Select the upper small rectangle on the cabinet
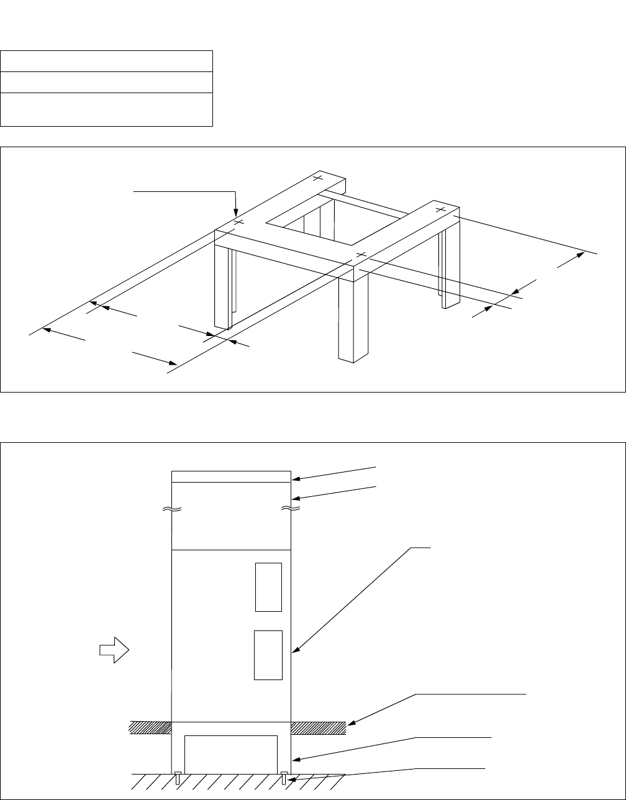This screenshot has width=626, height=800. pyautogui.click(x=268, y=587)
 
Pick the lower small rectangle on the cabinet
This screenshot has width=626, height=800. pyautogui.click(x=268, y=655)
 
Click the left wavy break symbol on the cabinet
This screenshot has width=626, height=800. pyautogui.click(x=171, y=509)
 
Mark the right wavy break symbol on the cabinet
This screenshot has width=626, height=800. pyautogui.click(x=291, y=509)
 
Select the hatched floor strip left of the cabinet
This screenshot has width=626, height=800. pyautogui.click(x=150, y=728)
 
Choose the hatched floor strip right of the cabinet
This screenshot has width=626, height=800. pyautogui.click(x=318, y=728)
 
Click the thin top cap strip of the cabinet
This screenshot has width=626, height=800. pyautogui.click(x=230, y=476)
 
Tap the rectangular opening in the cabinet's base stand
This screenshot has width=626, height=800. pyautogui.click(x=230, y=754)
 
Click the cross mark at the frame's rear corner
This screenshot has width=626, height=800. pyautogui.click(x=318, y=178)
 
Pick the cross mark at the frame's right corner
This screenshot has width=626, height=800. pyautogui.click(x=440, y=209)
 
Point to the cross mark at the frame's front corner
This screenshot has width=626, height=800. pyautogui.click(x=361, y=255)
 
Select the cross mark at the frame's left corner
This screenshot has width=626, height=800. pyautogui.click(x=239, y=222)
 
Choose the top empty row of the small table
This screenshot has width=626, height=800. pyautogui.click(x=107, y=61)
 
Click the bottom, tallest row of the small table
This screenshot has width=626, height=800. pyautogui.click(x=107, y=109)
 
